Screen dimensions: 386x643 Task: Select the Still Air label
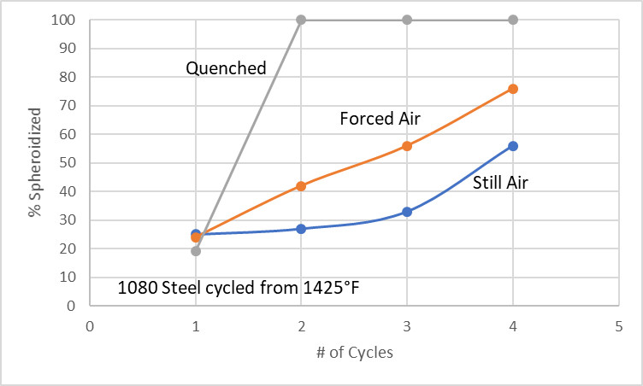tap(500, 181)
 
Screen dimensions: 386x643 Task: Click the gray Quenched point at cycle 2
tap(301, 20)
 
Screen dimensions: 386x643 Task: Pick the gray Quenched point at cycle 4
tap(513, 20)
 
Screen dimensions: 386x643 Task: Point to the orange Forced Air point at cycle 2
tap(301, 185)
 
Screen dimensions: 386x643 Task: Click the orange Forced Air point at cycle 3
tap(407, 146)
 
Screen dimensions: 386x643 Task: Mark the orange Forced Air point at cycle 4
tap(513, 89)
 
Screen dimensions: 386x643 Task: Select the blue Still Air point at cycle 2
tap(301, 228)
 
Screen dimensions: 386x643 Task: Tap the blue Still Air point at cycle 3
tap(407, 211)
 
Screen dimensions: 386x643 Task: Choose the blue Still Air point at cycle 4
tap(513, 146)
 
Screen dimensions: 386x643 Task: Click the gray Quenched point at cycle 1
tap(196, 251)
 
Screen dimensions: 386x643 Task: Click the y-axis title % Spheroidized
tap(35, 163)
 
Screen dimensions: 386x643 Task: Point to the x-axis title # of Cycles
tap(354, 353)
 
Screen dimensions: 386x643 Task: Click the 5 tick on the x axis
tap(618, 325)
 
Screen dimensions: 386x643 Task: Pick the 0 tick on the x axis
tap(90, 325)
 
